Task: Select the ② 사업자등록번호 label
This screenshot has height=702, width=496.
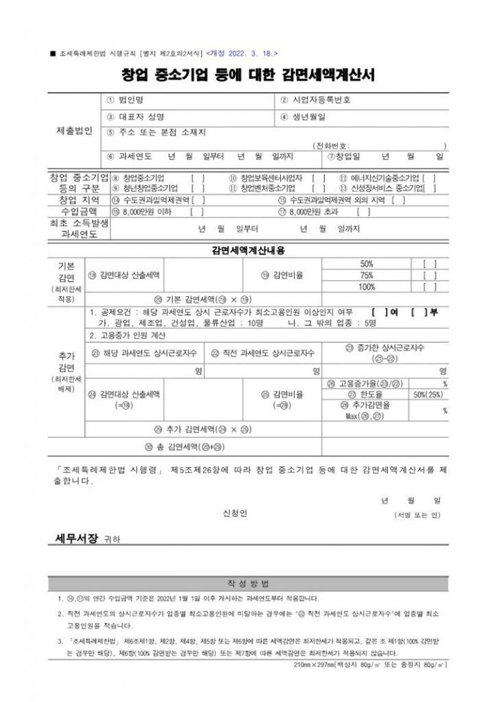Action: (x=315, y=100)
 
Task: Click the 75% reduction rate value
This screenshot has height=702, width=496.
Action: (x=367, y=275)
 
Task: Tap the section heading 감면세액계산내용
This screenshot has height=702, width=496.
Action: (x=247, y=250)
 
